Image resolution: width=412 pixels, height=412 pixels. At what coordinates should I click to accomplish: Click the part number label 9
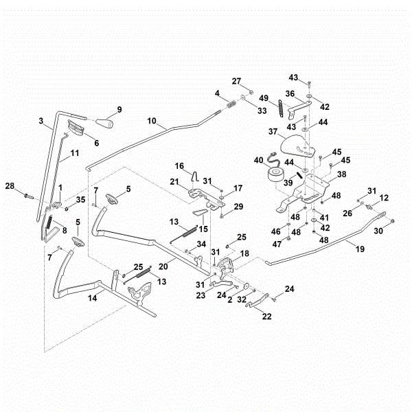119,110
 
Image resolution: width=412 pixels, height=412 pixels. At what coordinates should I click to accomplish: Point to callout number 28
10,186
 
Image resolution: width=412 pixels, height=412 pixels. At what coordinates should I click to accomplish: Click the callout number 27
236,81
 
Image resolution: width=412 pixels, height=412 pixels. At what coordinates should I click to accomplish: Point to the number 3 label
42,122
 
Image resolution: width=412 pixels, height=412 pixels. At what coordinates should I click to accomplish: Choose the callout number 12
383,198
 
